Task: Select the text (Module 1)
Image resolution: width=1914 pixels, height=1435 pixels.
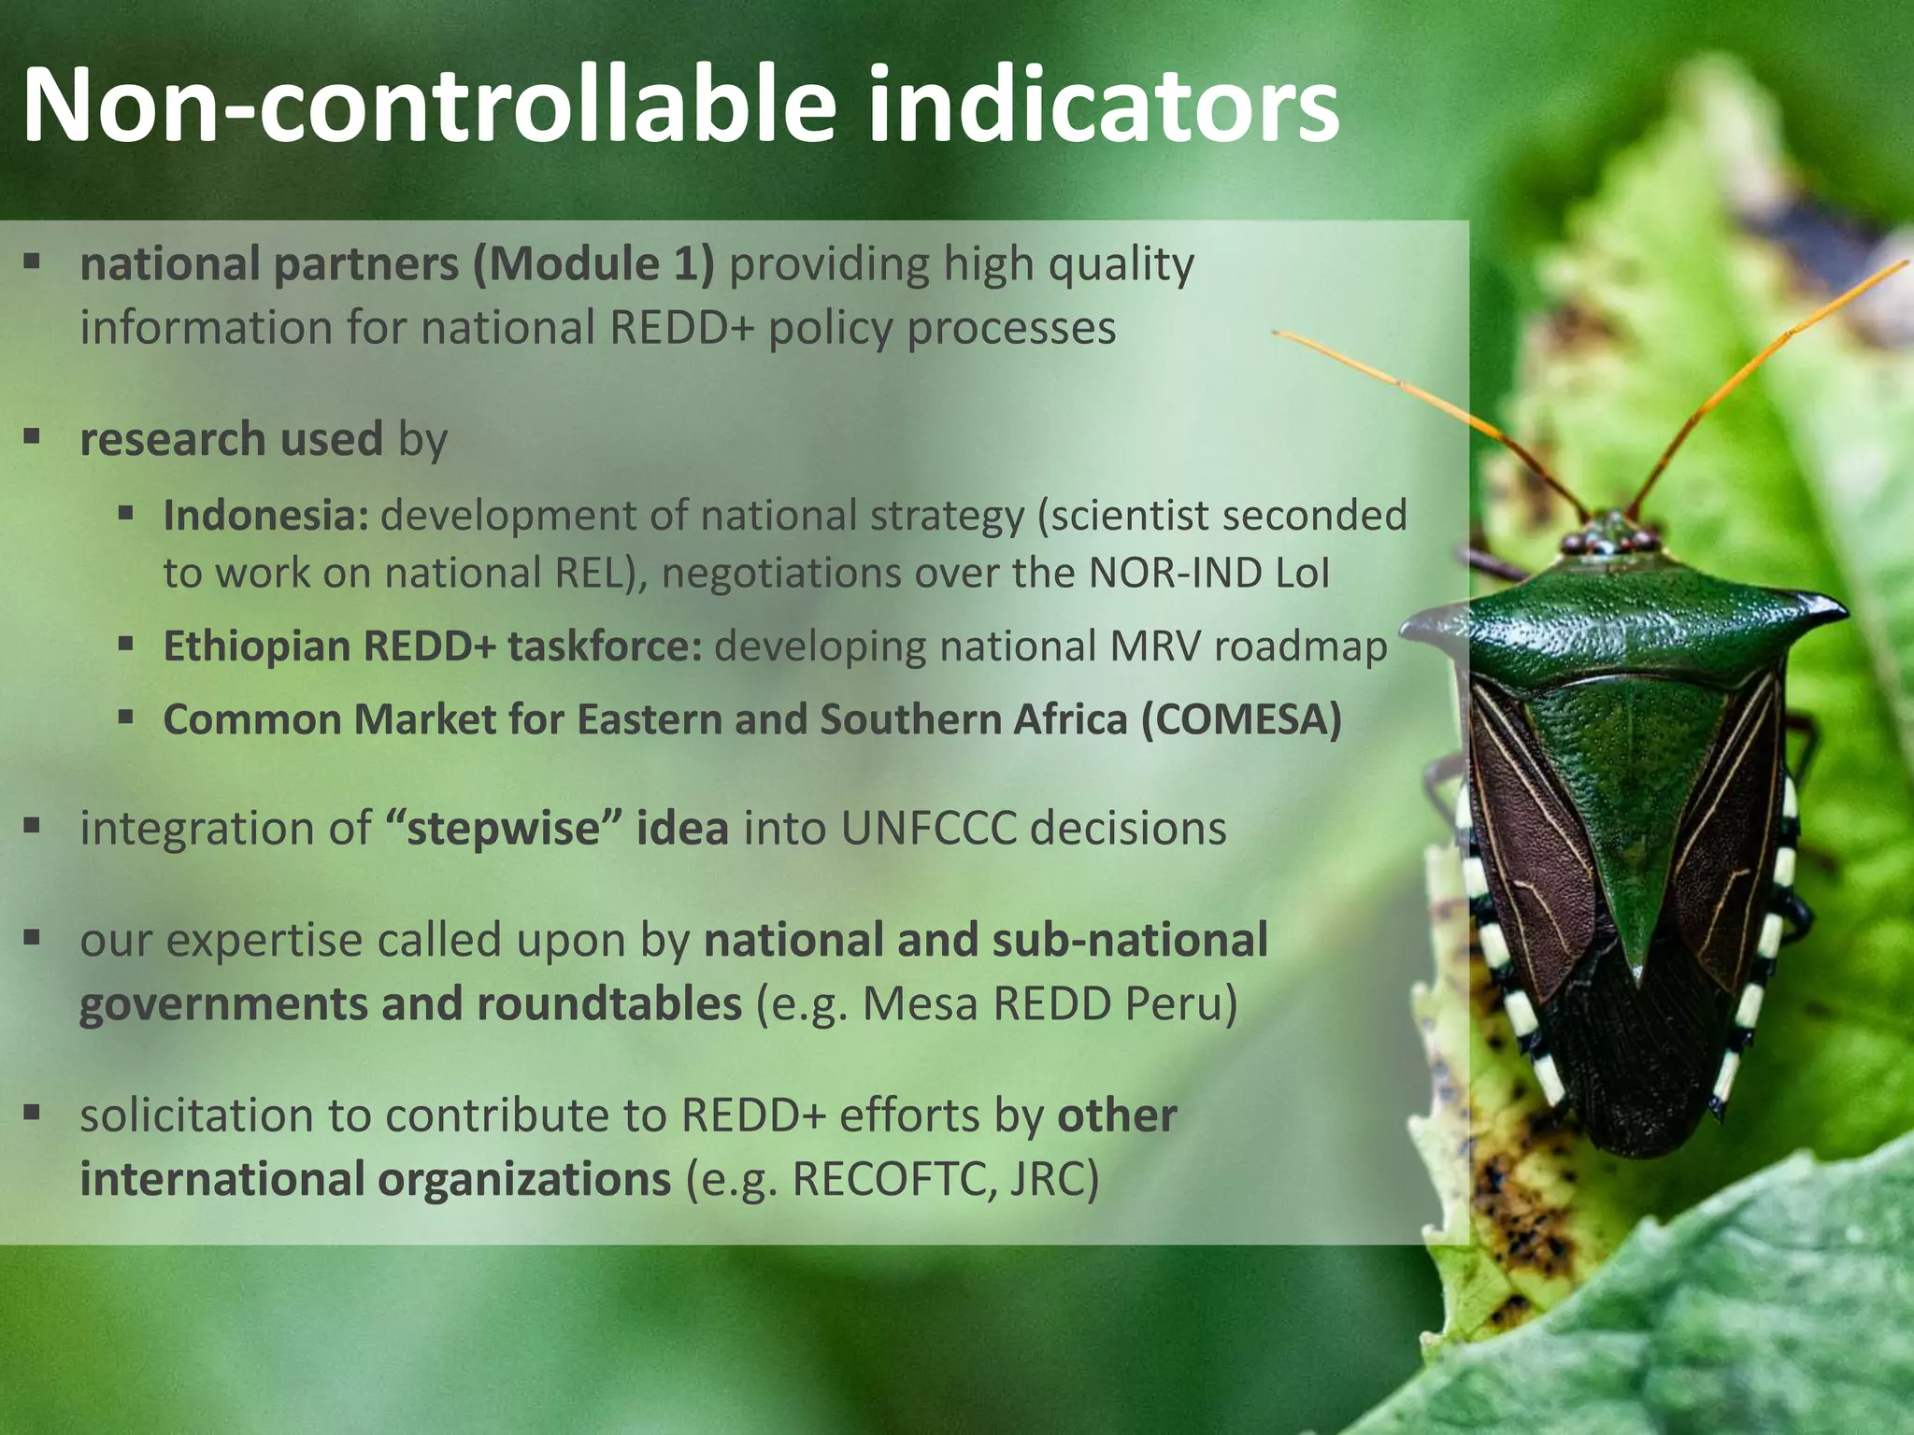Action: [x=593, y=264]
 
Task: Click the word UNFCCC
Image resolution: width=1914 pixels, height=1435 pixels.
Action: [x=928, y=829]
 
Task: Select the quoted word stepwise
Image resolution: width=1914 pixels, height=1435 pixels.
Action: [x=503, y=829]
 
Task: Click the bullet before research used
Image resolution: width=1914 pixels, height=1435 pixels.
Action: [x=33, y=436]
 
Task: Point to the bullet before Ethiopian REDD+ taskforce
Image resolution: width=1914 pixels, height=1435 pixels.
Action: [x=125, y=643]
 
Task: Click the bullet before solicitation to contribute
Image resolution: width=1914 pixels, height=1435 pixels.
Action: [x=33, y=1112]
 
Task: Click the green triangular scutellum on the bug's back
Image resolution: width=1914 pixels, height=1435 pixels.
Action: [x=1631, y=803]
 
